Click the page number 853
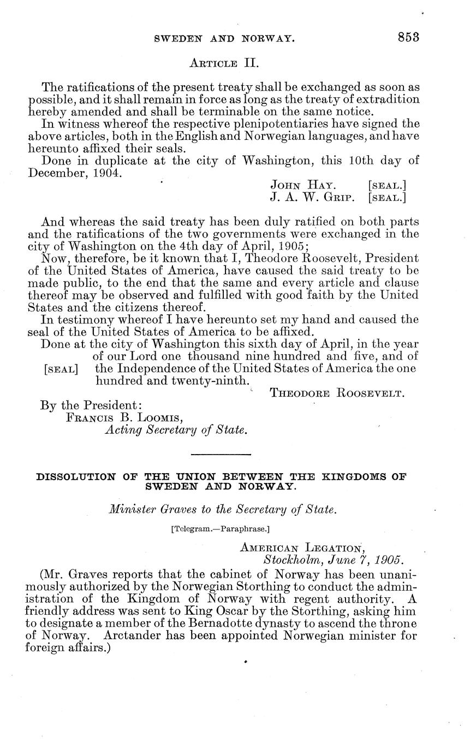408,37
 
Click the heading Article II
223,63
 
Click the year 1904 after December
107,173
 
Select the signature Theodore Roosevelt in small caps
337,393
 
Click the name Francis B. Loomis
124,417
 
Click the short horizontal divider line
221,454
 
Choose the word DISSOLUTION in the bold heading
75,476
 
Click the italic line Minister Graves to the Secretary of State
222,510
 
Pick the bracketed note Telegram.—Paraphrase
221,529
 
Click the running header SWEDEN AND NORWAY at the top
225,39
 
